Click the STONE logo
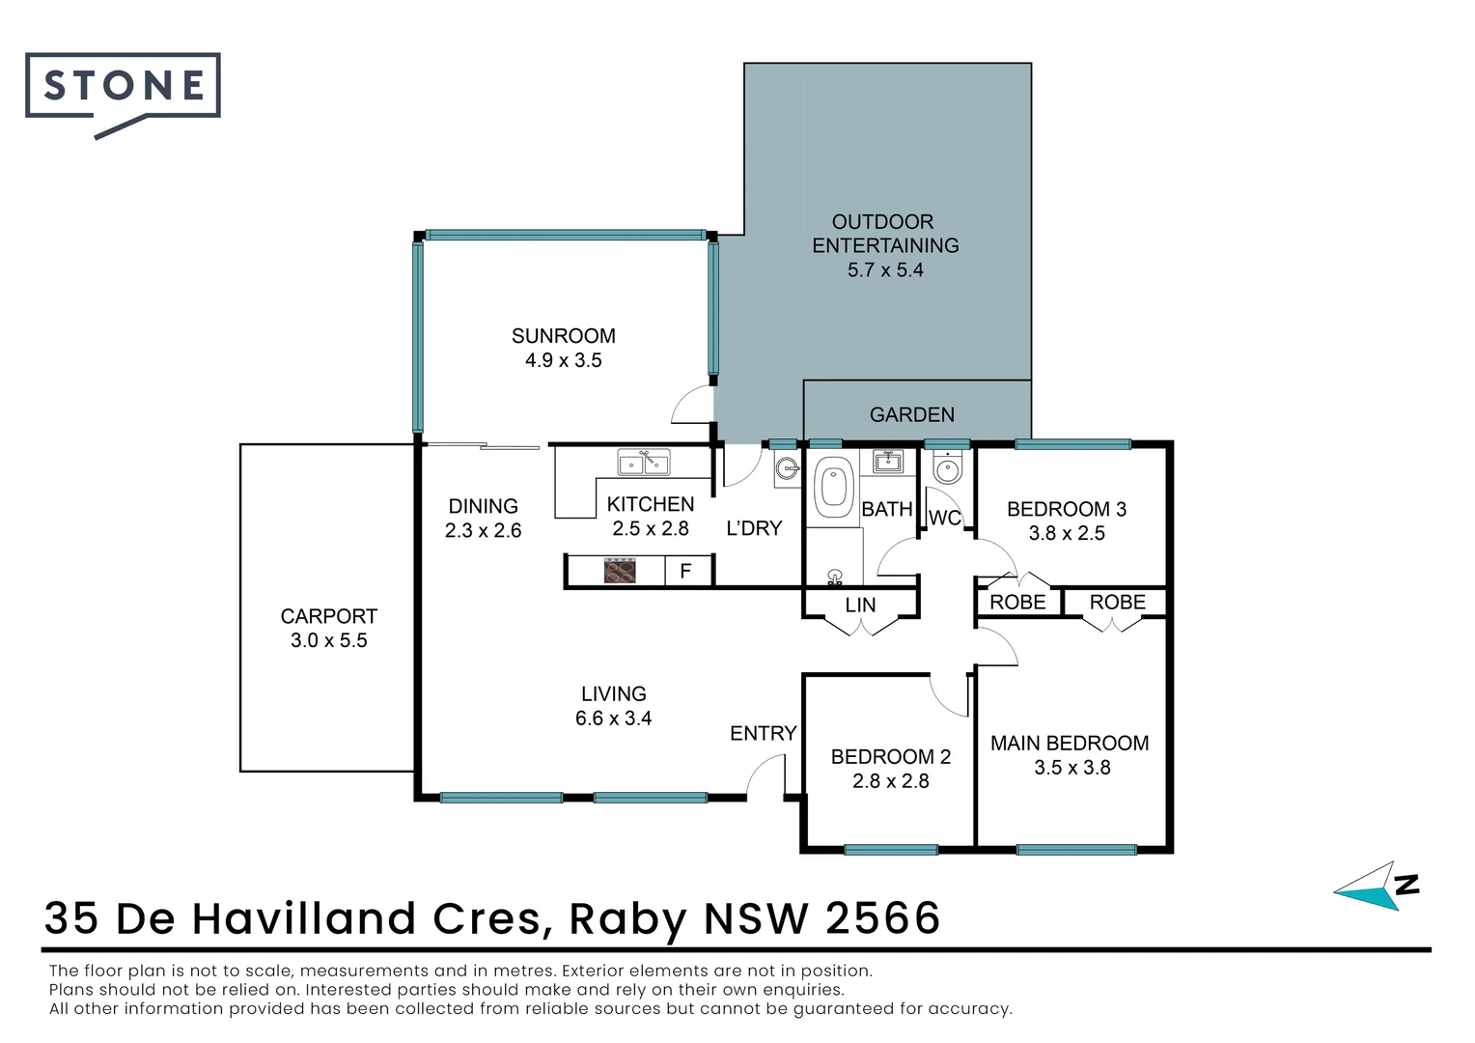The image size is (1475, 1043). coord(123,88)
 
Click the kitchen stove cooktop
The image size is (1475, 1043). coord(620,571)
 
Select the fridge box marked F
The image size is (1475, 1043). coord(685,571)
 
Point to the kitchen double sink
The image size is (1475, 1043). coord(644,464)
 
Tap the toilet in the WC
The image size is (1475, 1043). coord(948,468)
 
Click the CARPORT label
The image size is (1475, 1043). coord(328,616)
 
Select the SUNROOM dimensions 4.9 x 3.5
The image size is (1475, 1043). coord(563,360)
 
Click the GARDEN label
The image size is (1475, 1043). coord(911,414)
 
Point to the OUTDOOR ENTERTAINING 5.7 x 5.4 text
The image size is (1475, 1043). coord(884,246)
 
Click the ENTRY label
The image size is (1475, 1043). coord(763,733)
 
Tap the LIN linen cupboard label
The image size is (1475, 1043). coord(860,605)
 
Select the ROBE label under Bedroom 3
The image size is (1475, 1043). coord(1017,602)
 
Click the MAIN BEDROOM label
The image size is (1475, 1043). coord(1070,743)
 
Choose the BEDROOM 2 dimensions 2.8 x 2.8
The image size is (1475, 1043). coord(890,780)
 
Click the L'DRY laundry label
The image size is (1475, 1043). coord(753,528)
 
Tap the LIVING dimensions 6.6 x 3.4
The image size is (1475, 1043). coord(613,719)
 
